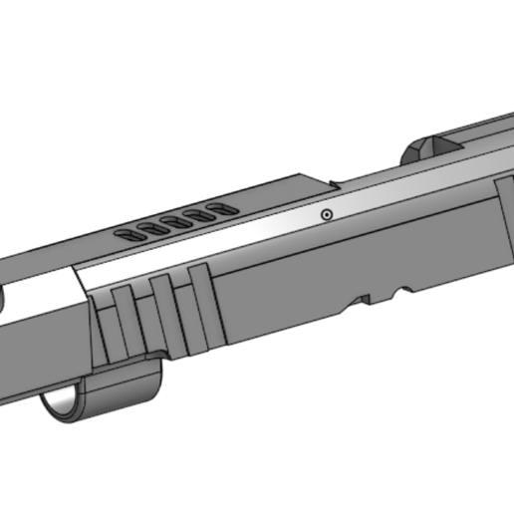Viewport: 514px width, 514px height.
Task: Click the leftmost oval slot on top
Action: [x=129, y=235]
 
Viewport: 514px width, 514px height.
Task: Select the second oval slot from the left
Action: [x=151, y=229]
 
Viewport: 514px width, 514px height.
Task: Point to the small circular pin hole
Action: [x=326, y=215]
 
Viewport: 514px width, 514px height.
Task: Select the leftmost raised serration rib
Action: [x=122, y=319]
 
